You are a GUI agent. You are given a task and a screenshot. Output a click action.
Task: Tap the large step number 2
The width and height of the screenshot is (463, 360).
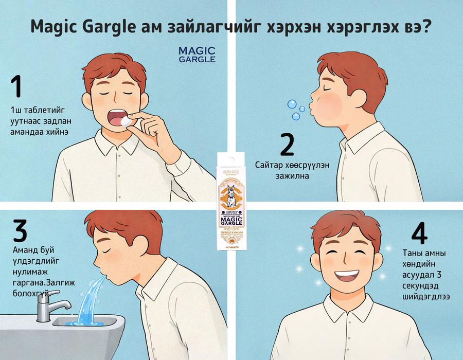pyautogui.click(x=286, y=145)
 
